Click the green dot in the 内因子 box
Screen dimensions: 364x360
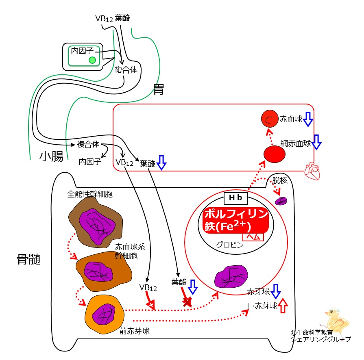(x=92, y=60)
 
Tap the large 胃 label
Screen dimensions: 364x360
(x=159, y=89)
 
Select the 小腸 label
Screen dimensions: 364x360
(x=51, y=156)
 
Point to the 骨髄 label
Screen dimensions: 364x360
(x=28, y=259)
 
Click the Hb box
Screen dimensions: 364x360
(x=235, y=198)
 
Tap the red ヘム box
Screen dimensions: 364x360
(x=253, y=237)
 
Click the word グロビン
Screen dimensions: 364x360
(x=230, y=245)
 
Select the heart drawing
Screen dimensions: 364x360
(x=312, y=171)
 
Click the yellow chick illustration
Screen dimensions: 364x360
(x=337, y=321)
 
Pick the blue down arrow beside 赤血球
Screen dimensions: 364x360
(x=308, y=119)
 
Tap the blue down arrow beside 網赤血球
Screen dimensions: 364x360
(x=316, y=142)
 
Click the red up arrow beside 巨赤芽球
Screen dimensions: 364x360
(x=283, y=306)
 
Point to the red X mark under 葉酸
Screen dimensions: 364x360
(x=187, y=301)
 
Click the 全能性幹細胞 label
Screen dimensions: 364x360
(x=90, y=194)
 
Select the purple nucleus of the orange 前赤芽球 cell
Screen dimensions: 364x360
(x=103, y=314)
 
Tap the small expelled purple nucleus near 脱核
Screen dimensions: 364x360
(x=281, y=201)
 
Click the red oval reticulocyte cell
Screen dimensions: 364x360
(x=275, y=154)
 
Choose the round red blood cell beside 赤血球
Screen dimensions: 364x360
(x=270, y=119)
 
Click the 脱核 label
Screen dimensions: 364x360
(x=280, y=180)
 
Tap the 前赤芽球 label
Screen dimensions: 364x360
(x=134, y=331)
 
